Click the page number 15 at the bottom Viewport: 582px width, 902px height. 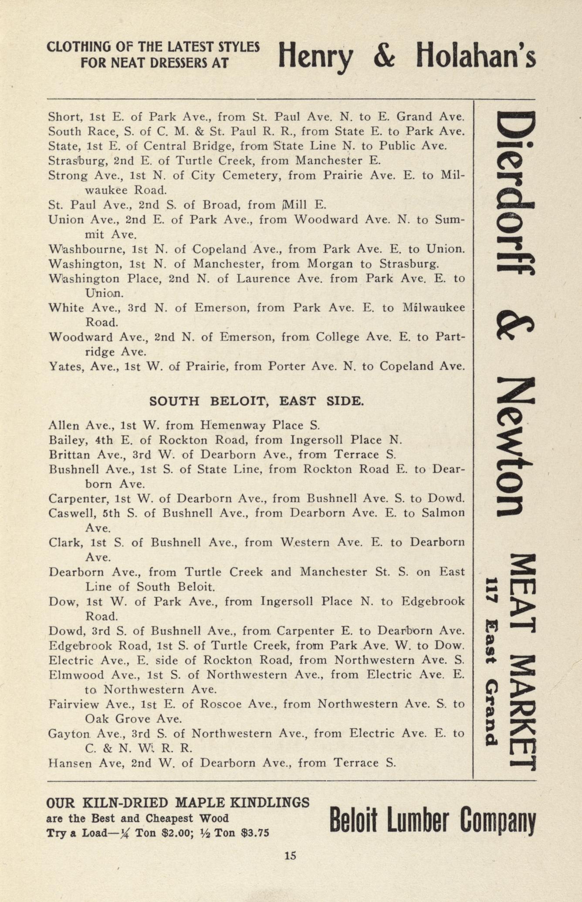tap(290, 855)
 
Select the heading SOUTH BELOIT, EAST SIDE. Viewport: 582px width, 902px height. tap(256, 401)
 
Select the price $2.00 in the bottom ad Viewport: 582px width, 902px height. tap(176, 833)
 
